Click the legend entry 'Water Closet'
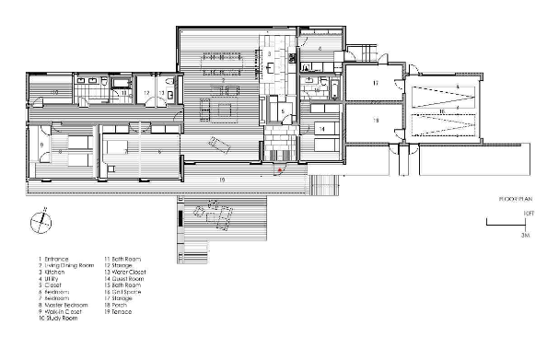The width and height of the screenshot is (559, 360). [x=129, y=273]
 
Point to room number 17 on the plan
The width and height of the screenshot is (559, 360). [x=376, y=84]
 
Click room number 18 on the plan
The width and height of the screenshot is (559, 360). [x=376, y=121]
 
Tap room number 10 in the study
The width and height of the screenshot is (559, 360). [x=54, y=93]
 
